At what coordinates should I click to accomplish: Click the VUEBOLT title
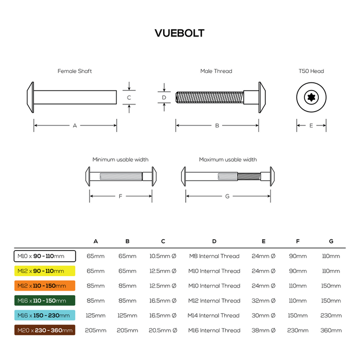(x=179, y=33)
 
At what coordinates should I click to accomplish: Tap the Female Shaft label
(x=75, y=71)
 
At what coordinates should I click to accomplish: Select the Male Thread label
(x=216, y=71)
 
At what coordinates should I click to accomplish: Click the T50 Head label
(x=311, y=71)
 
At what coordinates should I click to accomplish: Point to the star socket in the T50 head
(x=311, y=96)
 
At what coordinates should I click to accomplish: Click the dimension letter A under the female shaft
(x=75, y=125)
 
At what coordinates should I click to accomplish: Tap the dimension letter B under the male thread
(x=217, y=125)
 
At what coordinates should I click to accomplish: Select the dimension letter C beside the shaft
(x=129, y=97)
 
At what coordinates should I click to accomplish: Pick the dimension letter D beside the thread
(x=164, y=97)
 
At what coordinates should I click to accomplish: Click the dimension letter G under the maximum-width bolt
(x=228, y=196)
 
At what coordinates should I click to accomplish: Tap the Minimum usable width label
(x=120, y=159)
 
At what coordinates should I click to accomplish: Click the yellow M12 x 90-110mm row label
(x=44, y=271)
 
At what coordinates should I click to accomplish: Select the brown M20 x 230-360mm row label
(x=44, y=330)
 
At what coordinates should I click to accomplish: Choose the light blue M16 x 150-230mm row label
(x=44, y=315)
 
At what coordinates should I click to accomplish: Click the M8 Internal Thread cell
(x=214, y=256)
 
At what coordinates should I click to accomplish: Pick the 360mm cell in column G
(x=331, y=330)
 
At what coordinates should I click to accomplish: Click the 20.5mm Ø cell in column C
(x=163, y=330)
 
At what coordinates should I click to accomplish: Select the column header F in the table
(x=298, y=241)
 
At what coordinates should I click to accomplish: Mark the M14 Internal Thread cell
(x=214, y=315)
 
